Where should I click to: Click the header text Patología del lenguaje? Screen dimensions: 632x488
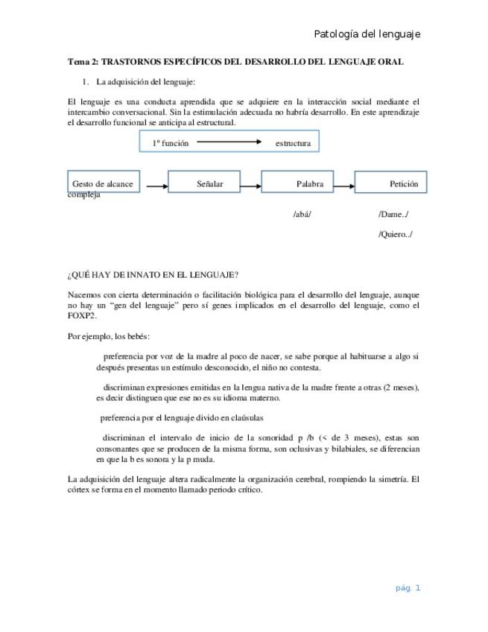coord(367,34)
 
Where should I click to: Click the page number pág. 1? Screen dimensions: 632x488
coord(408,587)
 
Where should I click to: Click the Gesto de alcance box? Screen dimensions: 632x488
coord(103,183)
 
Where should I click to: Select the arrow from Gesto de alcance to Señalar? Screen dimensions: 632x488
coord(156,186)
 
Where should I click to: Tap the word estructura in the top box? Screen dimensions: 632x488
coord(293,142)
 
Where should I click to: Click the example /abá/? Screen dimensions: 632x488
coord(302,215)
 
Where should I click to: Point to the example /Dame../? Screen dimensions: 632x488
coord(393,215)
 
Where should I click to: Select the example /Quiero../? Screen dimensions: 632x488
coord(396,234)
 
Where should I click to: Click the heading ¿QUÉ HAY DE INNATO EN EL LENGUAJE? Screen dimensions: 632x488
coord(153,275)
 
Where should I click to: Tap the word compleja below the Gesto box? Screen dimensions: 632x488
coord(83,195)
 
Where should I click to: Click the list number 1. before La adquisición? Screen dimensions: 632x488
coord(85,81)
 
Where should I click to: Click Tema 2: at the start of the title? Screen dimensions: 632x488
coord(83,62)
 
